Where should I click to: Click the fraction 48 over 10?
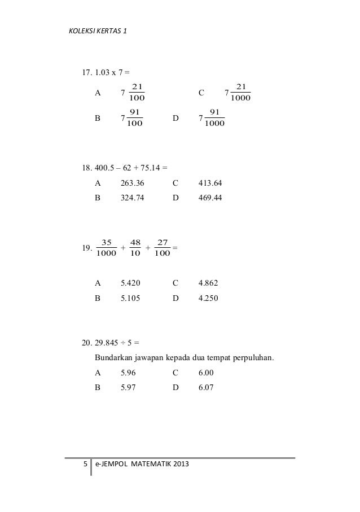(135, 248)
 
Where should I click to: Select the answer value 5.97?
(129, 388)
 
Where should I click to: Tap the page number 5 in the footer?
(85, 465)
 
